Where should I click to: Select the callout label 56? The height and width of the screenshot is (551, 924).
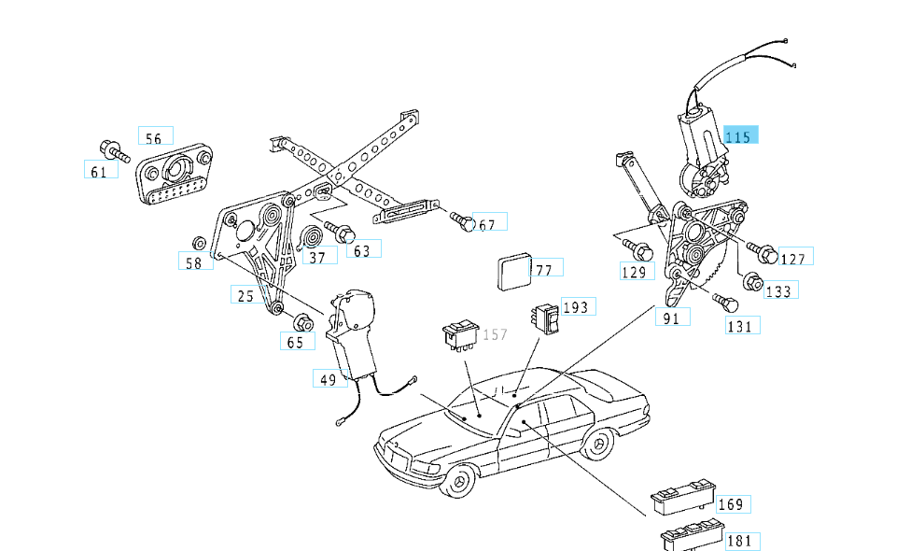[155, 137]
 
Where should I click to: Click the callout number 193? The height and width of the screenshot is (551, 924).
[577, 307]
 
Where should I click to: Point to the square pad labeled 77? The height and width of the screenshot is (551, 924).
[512, 272]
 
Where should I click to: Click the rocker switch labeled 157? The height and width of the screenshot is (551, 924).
[460, 334]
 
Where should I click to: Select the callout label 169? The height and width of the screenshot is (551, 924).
[731, 504]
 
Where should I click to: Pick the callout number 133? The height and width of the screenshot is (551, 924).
[779, 291]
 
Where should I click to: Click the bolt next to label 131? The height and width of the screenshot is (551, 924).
[727, 304]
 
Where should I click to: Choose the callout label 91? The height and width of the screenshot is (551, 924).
[671, 318]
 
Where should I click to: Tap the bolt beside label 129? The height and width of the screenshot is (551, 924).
[640, 250]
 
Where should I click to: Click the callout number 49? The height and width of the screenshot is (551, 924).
[328, 379]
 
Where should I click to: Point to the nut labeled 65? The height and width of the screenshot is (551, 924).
[301, 323]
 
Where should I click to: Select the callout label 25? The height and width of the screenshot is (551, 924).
[245, 295]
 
